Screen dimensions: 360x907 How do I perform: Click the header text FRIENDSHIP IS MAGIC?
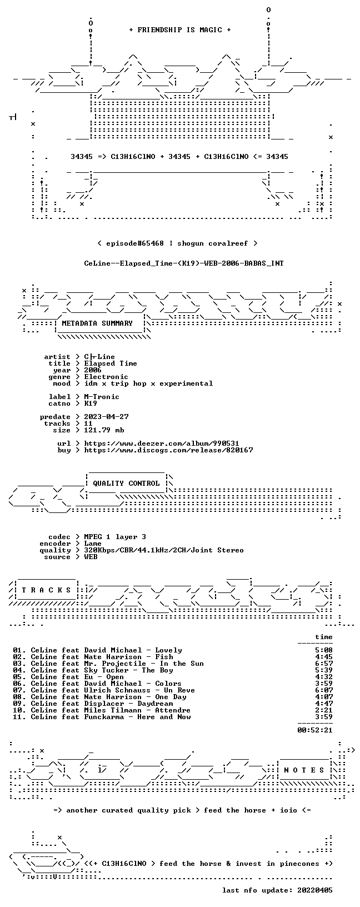pos(180,30)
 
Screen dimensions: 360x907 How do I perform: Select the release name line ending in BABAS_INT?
pos(184,263)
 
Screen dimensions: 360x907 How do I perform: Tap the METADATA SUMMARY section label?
pos(97,323)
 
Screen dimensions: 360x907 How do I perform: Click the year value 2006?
pos(93,370)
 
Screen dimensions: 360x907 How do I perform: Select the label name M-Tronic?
pos(102,397)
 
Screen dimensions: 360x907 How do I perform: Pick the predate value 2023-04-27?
pos(106,417)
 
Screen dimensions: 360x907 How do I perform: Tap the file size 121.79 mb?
pos(104,430)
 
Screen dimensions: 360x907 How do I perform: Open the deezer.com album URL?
pos(162,443)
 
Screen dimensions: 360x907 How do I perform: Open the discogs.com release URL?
pos(168,450)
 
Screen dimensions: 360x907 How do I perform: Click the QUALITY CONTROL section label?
pos(126,484)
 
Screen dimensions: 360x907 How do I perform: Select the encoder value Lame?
pos(93,544)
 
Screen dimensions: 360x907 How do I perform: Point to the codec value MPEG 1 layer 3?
pos(115,537)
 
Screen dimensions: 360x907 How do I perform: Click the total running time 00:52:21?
pos(315,730)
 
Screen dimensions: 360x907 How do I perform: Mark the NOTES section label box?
pos(304,770)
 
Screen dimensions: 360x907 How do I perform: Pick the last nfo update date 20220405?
pos(315,890)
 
